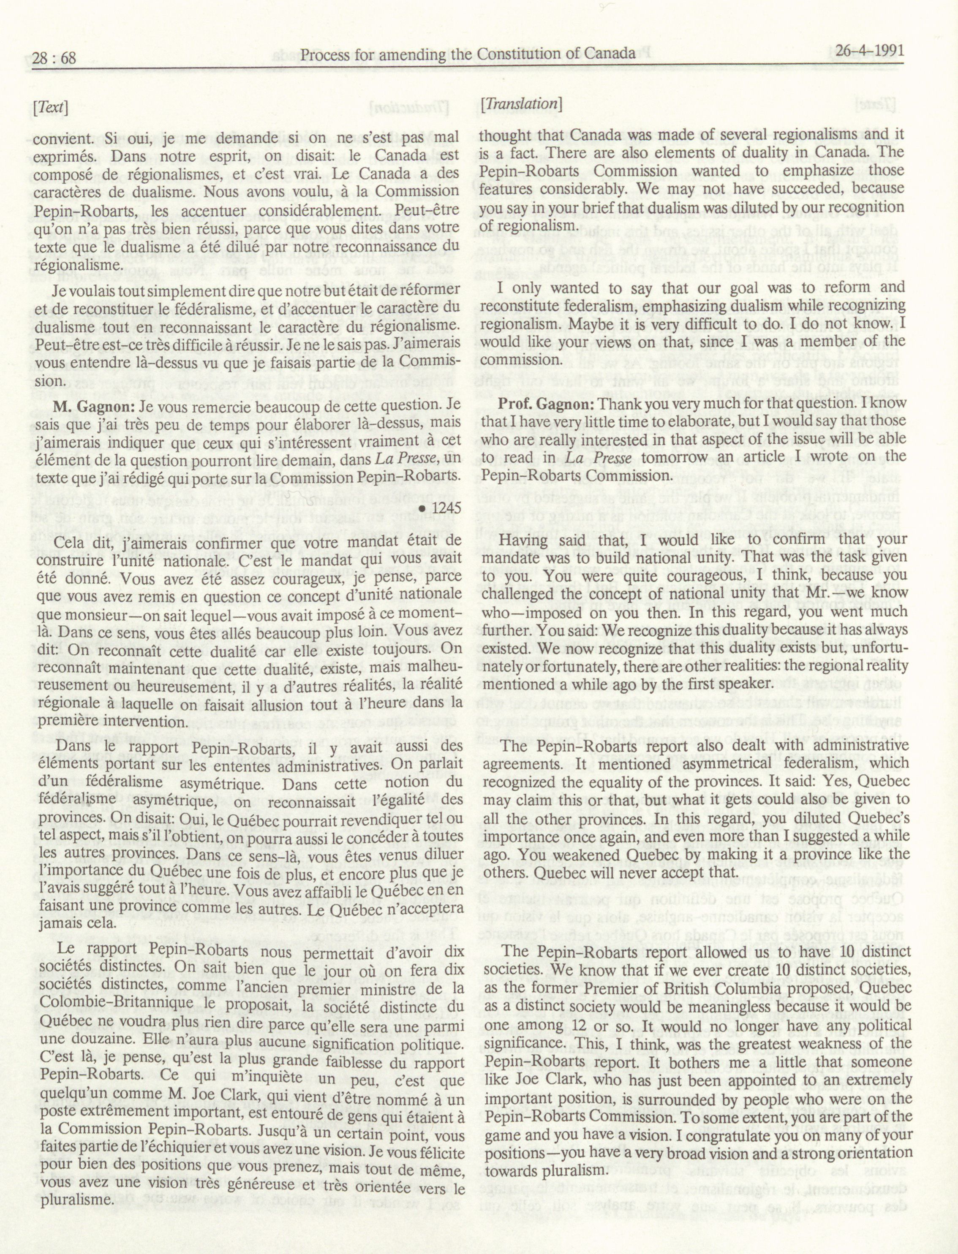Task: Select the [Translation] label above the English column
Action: [521, 104]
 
